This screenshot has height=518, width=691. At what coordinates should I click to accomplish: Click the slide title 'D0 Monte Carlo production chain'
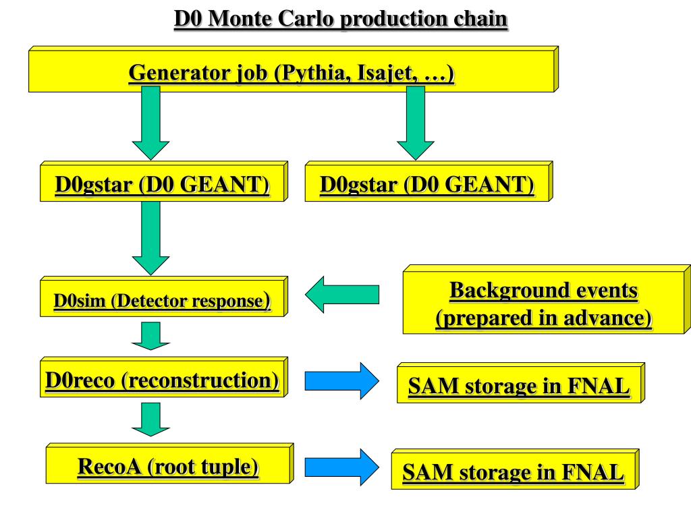[x=341, y=19]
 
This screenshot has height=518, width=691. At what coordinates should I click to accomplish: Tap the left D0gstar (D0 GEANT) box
[x=162, y=184]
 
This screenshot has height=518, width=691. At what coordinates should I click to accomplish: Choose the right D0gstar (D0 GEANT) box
[x=426, y=184]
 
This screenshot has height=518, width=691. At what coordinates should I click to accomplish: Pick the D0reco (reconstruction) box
[x=162, y=380]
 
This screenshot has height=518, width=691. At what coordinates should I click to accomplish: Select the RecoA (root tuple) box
[x=168, y=466]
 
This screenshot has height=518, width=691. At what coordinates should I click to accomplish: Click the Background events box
[x=543, y=304]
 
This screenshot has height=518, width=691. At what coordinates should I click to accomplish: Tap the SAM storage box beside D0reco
[x=518, y=386]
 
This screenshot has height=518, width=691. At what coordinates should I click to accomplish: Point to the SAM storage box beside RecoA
[x=513, y=472]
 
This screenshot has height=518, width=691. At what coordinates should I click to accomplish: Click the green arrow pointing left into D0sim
[x=342, y=295]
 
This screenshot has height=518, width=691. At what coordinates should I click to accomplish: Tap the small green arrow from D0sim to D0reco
[x=150, y=335]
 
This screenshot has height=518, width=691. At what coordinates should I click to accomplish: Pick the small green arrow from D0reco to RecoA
[x=150, y=419]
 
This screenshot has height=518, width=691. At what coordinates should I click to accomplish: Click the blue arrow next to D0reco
[x=342, y=381]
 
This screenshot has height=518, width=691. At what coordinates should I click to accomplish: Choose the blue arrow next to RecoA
[x=342, y=467]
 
